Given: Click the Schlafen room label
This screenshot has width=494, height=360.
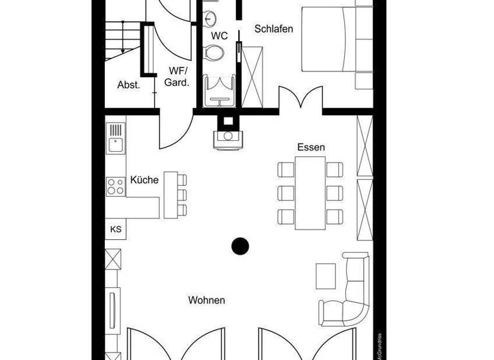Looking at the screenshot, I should [x=273, y=29].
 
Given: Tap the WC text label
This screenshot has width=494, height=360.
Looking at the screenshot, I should [x=219, y=36].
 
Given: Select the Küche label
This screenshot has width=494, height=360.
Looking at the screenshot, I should [x=144, y=180].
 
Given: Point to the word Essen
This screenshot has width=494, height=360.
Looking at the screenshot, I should [x=311, y=147].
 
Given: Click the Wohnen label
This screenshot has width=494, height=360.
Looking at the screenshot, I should [x=206, y=300].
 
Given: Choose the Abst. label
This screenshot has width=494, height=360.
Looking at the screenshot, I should [x=129, y=85].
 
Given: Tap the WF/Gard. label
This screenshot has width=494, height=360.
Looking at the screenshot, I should [x=178, y=76].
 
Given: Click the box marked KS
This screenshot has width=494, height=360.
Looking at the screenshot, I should [x=116, y=229].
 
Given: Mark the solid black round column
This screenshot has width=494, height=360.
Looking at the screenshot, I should [x=241, y=245].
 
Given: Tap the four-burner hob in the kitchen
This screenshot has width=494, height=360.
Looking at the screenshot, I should [x=116, y=186].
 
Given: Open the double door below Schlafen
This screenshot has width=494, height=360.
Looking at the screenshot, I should [x=300, y=99].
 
